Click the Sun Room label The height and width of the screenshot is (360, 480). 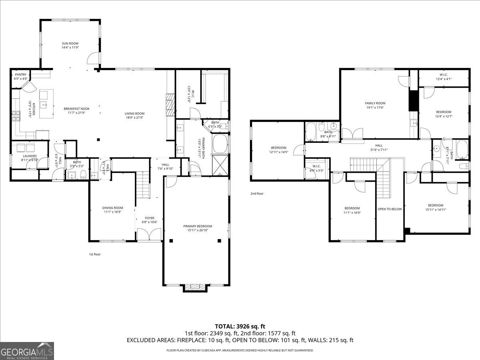click(70, 43)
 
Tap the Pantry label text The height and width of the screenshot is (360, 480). click(20, 75)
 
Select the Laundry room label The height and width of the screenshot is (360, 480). click(30, 156)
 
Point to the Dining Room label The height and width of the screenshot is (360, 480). click(112, 208)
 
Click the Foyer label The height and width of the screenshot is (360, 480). click(150, 218)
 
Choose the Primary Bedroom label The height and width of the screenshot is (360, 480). click(198, 226)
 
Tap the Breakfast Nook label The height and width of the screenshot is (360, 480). click(76, 109)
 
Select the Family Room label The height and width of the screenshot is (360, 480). click(375, 103)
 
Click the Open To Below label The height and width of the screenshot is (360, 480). click(390, 209)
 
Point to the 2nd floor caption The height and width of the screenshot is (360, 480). click(257, 194)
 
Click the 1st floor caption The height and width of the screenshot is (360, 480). click(95, 254)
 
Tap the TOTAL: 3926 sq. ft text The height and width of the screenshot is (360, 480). click(240, 326)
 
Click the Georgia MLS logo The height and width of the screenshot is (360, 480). click(27, 351)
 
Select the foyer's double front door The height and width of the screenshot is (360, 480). click(149, 234)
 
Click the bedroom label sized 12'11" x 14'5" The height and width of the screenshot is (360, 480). click(278, 148)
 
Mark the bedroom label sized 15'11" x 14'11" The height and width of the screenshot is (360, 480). click(436, 205)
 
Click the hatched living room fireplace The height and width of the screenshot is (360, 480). click(170, 102)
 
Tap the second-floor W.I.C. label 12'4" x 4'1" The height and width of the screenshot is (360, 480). click(443, 74)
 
